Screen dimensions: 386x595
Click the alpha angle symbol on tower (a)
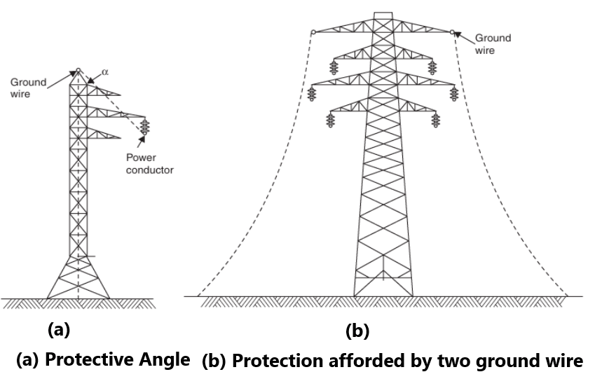(105, 71)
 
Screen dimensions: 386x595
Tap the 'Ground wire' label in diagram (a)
(28, 88)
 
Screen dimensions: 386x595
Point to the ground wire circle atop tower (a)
(78, 69)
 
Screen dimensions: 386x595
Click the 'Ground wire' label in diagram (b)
(493, 44)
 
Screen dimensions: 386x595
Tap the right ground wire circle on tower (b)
(453, 32)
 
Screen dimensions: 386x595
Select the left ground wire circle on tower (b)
(313, 32)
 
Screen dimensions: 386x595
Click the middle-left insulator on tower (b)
(313, 94)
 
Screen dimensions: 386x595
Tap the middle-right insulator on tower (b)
(454, 94)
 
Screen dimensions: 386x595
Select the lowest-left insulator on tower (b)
(331, 120)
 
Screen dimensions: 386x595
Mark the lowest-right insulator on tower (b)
(436, 120)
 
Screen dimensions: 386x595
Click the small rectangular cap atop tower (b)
(383, 16)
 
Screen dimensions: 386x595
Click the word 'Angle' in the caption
(166, 360)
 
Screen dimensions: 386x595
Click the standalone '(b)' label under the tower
(356, 331)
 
